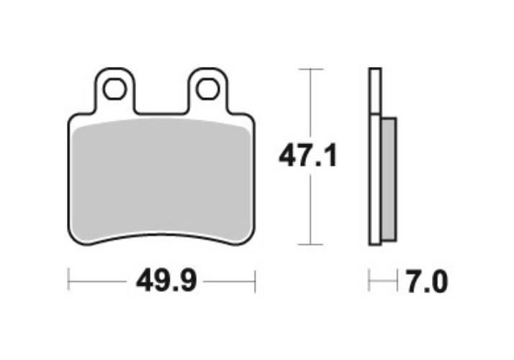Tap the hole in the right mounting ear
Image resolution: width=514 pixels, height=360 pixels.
click(208, 89)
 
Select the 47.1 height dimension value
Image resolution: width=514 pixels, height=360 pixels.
click(308, 156)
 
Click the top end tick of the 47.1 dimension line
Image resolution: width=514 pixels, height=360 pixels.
click(310, 69)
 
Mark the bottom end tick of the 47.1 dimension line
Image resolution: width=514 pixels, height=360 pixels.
click(310, 245)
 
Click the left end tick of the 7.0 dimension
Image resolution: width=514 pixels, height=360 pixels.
click(369, 280)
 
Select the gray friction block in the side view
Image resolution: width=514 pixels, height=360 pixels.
click(387, 179)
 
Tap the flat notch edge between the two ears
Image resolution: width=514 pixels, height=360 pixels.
click(161, 113)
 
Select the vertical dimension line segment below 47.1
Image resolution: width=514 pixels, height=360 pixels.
click(310, 209)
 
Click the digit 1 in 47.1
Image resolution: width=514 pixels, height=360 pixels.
click(330, 156)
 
